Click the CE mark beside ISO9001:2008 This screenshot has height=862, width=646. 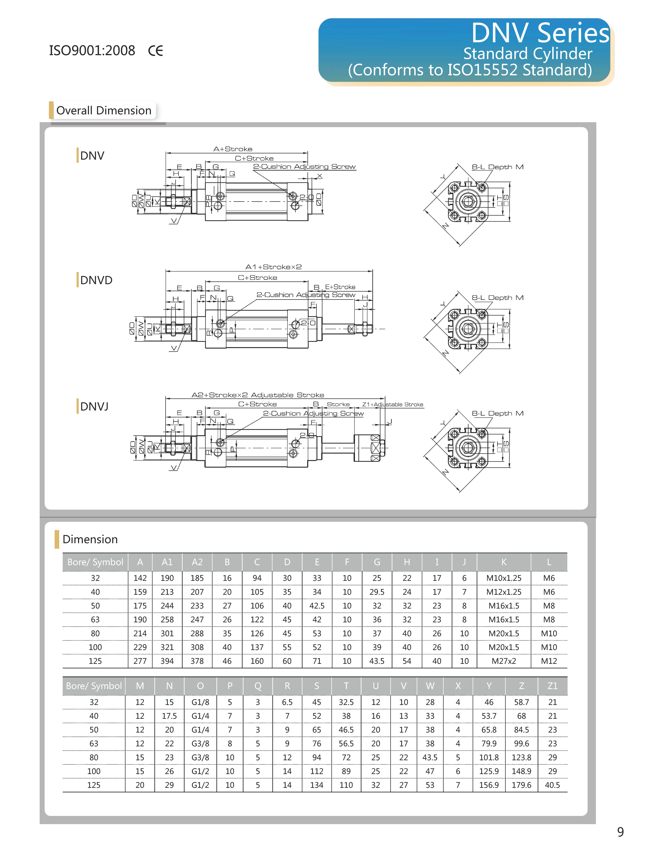155,51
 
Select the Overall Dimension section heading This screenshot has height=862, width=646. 104,111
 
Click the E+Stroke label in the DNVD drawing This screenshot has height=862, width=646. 340,287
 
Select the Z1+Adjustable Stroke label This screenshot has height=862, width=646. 392,405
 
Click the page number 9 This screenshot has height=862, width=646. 620,832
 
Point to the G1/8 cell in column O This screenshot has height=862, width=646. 200,702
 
